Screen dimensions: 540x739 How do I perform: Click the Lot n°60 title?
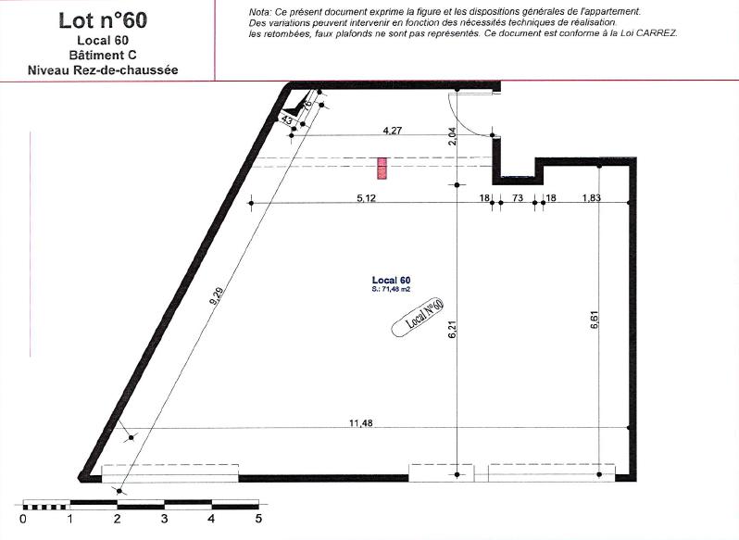[x=102, y=20]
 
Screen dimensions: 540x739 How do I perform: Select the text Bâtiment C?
[x=103, y=55]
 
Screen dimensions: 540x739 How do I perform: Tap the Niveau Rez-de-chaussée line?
[x=103, y=69]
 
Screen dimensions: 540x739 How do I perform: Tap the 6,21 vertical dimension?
[x=453, y=331]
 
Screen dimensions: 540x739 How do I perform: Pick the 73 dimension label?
[x=518, y=197]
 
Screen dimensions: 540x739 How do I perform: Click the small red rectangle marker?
[x=381, y=168]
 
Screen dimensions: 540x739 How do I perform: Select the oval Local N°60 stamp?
[x=420, y=315]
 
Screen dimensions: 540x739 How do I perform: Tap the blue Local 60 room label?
[x=391, y=280]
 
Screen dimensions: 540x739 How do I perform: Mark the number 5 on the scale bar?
[x=258, y=520]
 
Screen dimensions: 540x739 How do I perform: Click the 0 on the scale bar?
[x=22, y=520]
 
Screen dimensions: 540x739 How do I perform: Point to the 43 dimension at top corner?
[x=287, y=119]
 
